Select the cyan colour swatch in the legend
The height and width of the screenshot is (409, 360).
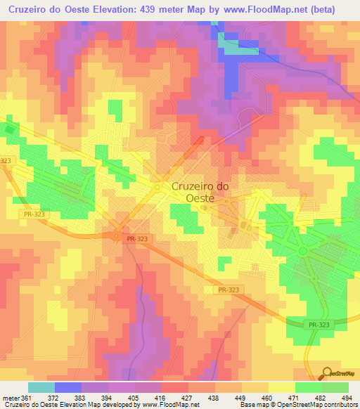41,388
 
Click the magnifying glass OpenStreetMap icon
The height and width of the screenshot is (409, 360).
327,373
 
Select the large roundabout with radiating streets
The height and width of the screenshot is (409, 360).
302,251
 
